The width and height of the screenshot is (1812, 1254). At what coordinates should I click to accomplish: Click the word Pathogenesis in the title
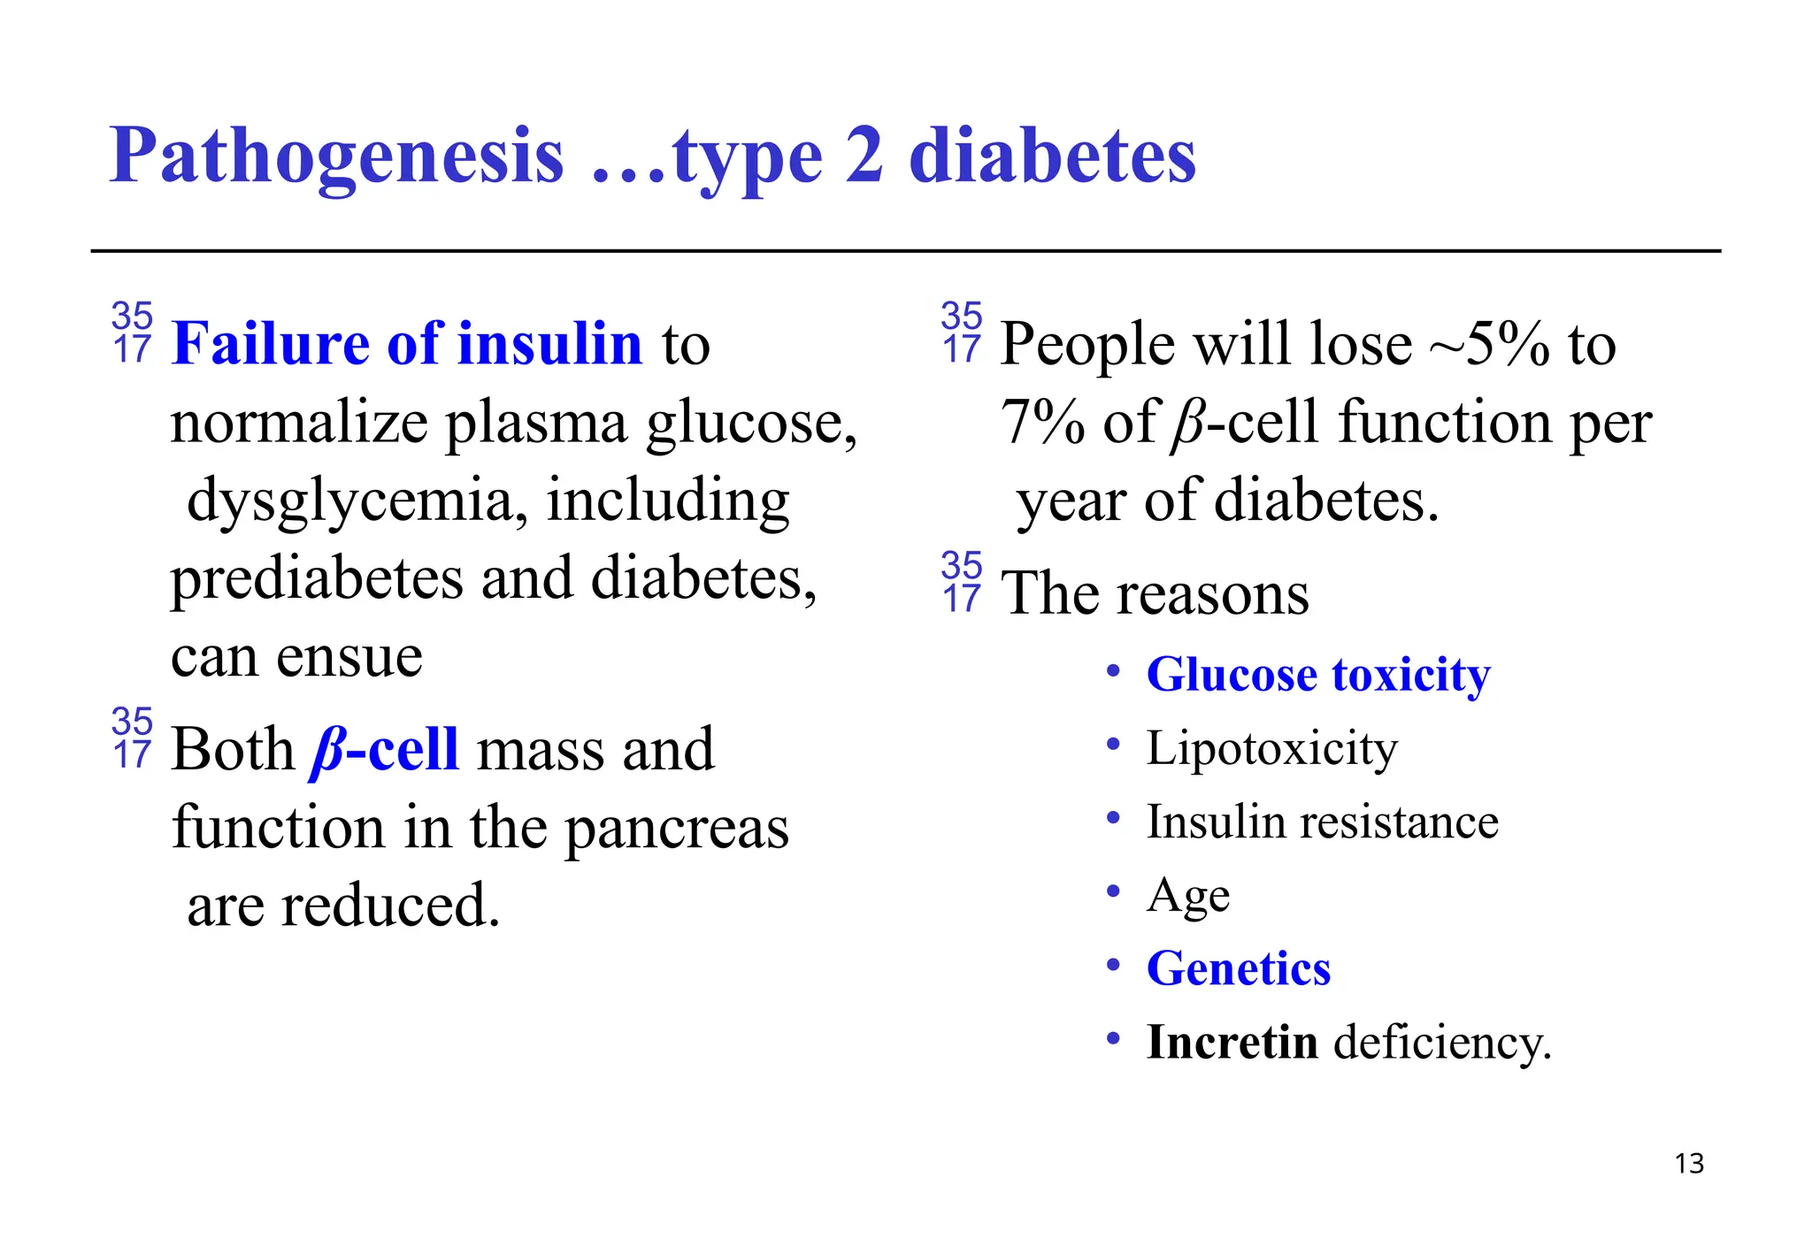[336, 157]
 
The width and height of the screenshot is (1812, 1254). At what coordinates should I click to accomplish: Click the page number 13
[1689, 1163]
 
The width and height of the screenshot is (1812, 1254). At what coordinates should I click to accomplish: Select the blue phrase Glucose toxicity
[1318, 675]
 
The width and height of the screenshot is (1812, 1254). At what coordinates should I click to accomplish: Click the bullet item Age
[1188, 897]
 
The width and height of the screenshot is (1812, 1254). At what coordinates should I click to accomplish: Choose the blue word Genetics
[1239, 968]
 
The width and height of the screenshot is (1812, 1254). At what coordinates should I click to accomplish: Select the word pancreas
[677, 830]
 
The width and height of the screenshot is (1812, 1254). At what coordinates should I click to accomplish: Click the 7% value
[1042, 422]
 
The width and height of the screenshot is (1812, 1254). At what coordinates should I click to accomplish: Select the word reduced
[390, 906]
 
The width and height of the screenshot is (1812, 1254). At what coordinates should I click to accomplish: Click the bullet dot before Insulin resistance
[1114, 818]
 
